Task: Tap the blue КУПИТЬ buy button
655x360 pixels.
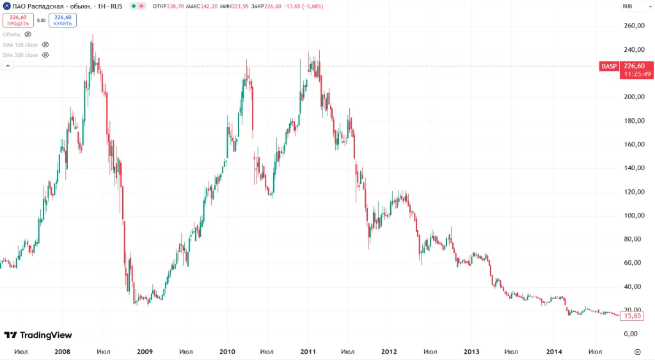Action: (x=63, y=20)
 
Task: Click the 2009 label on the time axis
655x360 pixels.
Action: (x=145, y=352)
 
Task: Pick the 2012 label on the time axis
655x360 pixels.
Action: (x=389, y=352)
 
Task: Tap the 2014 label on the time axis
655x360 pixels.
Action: (x=554, y=352)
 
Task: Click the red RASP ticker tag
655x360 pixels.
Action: (x=609, y=66)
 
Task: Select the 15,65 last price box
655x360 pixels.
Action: (x=633, y=316)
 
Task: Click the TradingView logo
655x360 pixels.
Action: (x=38, y=335)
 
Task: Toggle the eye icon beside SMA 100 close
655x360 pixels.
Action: (x=45, y=45)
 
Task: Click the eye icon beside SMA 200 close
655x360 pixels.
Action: (x=45, y=55)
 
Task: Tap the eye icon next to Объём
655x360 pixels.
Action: (x=28, y=35)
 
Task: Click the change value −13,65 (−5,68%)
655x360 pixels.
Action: (x=303, y=6)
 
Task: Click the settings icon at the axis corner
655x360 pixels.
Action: (x=637, y=352)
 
